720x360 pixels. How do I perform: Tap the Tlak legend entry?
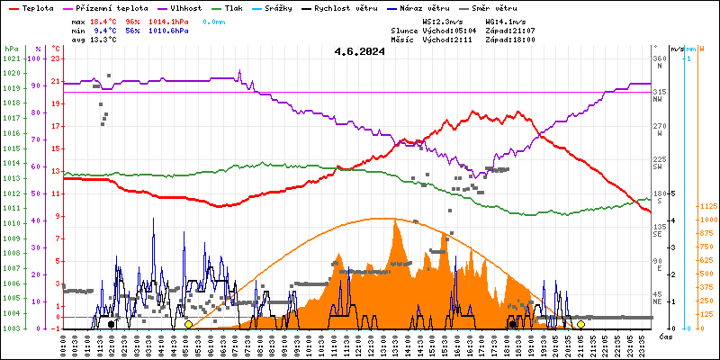(x=236, y=7)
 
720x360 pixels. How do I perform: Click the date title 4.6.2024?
(x=358, y=51)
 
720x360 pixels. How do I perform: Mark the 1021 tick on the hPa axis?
(x=11, y=59)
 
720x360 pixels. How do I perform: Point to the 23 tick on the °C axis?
(x=56, y=59)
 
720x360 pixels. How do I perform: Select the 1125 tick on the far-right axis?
(x=706, y=205)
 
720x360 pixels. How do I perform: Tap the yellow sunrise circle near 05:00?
(x=188, y=324)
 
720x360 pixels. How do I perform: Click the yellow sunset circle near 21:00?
(x=580, y=324)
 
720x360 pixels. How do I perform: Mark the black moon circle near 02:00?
(x=111, y=324)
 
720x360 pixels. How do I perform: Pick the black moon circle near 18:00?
(x=512, y=324)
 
